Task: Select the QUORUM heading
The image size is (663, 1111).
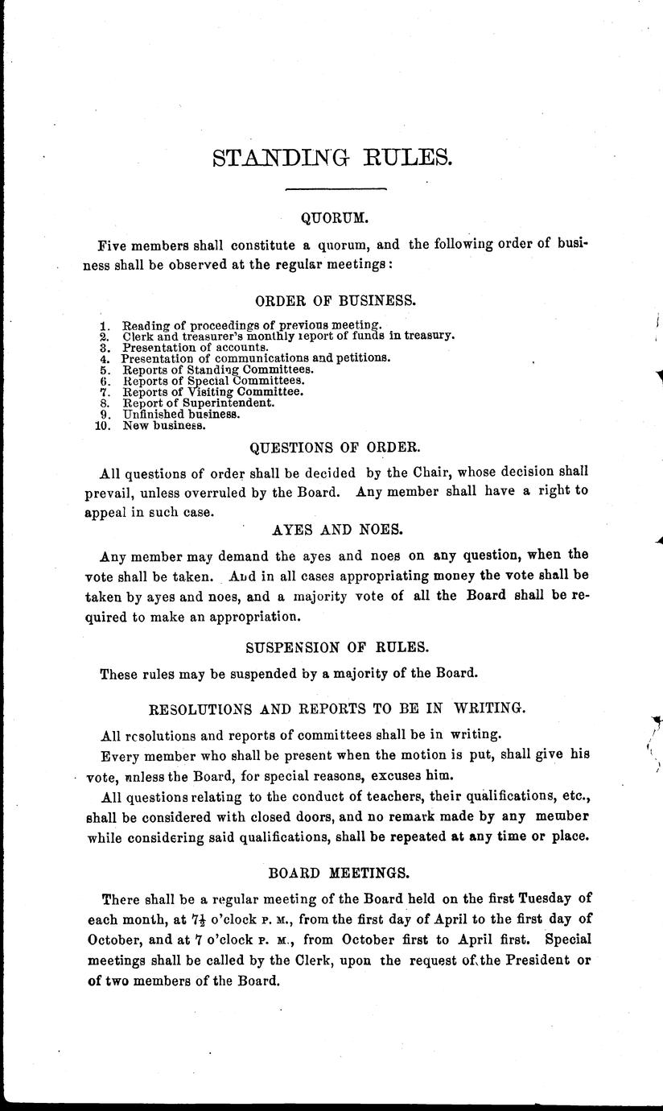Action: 334,217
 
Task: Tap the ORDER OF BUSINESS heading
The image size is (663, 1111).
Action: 336,301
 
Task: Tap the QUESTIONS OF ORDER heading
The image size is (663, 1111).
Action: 335,447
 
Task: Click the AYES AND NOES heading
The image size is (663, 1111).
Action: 334,531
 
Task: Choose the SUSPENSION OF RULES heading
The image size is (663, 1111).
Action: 335,646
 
